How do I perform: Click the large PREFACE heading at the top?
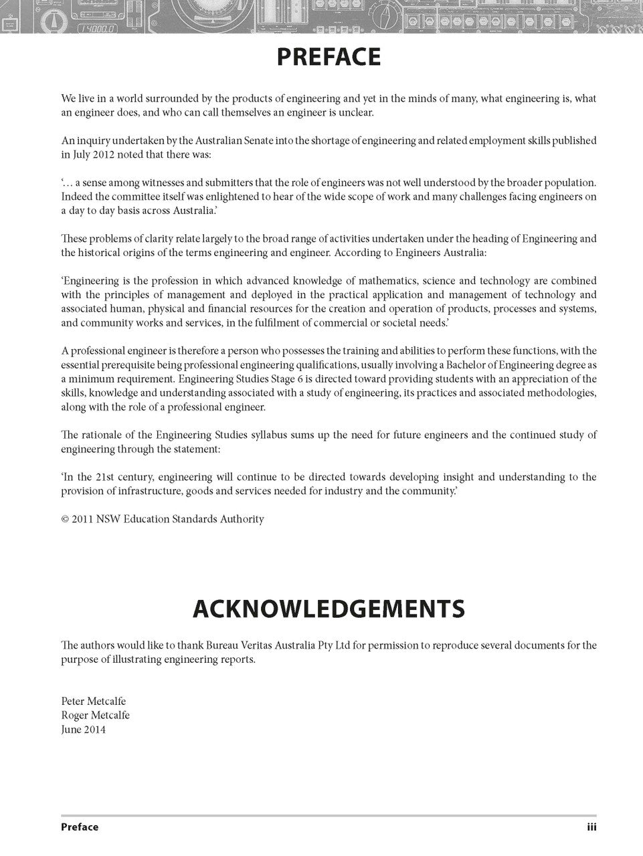tap(328, 58)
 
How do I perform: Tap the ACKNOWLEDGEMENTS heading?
tap(328, 609)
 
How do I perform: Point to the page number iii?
tap(591, 827)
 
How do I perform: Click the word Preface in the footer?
tap(80, 827)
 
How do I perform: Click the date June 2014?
tap(83, 729)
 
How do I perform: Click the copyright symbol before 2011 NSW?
tap(65, 519)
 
